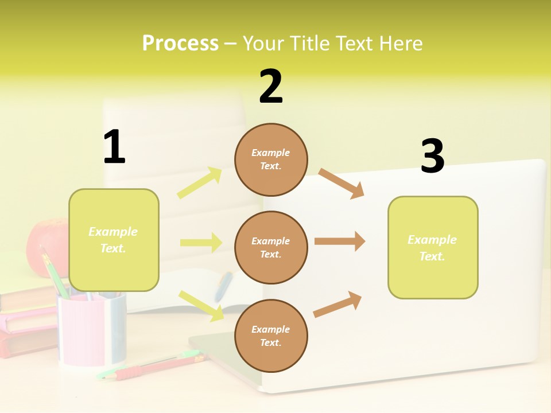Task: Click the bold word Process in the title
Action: pyautogui.click(x=180, y=44)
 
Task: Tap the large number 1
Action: pyautogui.click(x=114, y=147)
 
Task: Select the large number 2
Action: pyautogui.click(x=271, y=87)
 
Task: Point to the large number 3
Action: pyautogui.click(x=432, y=157)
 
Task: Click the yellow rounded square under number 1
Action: pyautogui.click(x=114, y=240)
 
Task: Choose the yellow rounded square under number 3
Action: pyautogui.click(x=433, y=248)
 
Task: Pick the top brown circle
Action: pyautogui.click(x=271, y=159)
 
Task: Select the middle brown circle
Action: pyautogui.click(x=271, y=248)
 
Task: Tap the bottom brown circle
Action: pyautogui.click(x=271, y=336)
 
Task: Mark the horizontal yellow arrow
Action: pyautogui.click(x=201, y=243)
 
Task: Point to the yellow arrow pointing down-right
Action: pyautogui.click(x=201, y=306)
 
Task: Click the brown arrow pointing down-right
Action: pyautogui.click(x=342, y=183)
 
